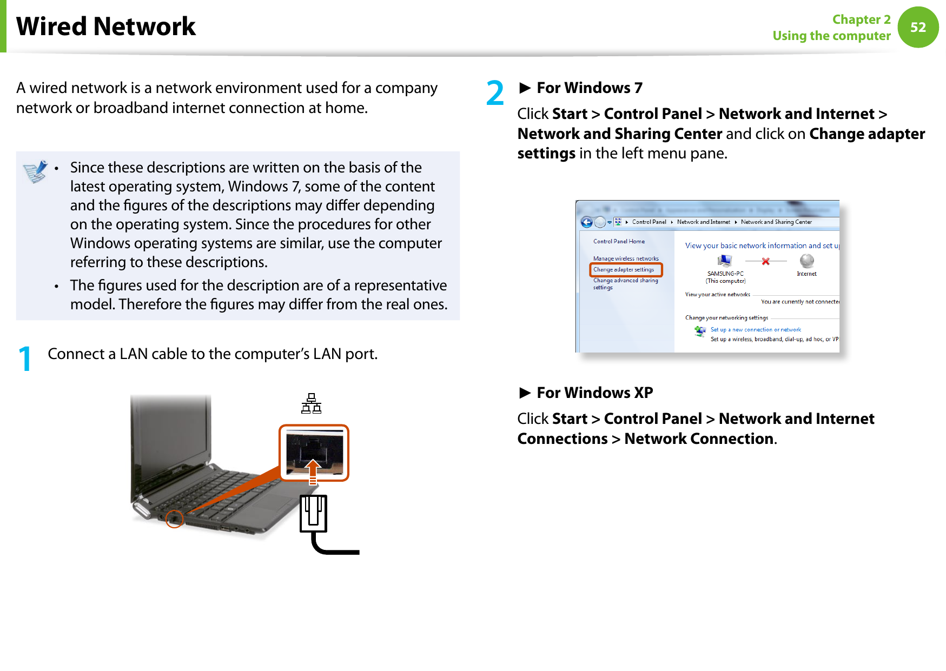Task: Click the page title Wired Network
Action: pyautogui.click(x=106, y=26)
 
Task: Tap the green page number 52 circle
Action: pyautogui.click(x=918, y=27)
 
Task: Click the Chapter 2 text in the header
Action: pyautogui.click(x=861, y=19)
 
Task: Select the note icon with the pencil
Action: pyautogui.click(x=36, y=172)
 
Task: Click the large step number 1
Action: pyautogui.click(x=25, y=359)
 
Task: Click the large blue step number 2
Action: pyautogui.click(x=495, y=93)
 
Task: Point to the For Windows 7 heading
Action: pyautogui.click(x=589, y=88)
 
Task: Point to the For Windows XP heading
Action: pyautogui.click(x=594, y=393)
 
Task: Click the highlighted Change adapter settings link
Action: pyautogui.click(x=624, y=269)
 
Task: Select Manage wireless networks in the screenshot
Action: pyautogui.click(x=626, y=258)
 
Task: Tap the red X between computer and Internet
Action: pyautogui.click(x=765, y=261)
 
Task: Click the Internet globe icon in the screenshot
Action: pyautogui.click(x=806, y=261)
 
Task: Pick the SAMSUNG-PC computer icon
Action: pyautogui.click(x=725, y=261)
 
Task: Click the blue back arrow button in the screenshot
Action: pyautogui.click(x=587, y=222)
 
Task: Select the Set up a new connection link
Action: pyautogui.click(x=756, y=329)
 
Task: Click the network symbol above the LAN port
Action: pyautogui.click(x=312, y=403)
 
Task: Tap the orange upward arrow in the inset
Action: pyautogui.click(x=313, y=469)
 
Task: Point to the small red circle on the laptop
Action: pyautogui.click(x=174, y=519)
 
